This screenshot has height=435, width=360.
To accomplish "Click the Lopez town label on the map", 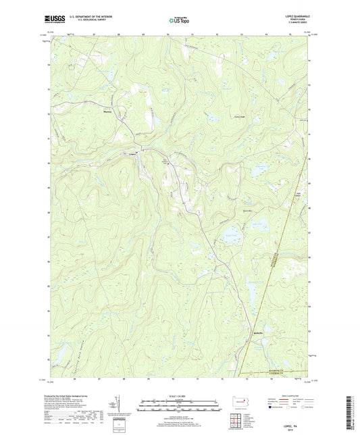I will click(133, 153).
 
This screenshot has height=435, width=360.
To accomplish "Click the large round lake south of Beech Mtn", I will click(232, 236).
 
